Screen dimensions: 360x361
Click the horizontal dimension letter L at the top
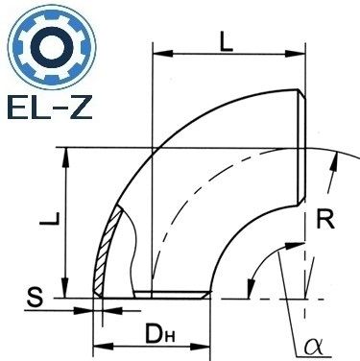pyautogui.click(x=227, y=42)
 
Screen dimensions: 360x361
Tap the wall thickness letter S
pyautogui.click(x=35, y=298)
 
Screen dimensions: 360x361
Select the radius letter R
pyautogui.click(x=325, y=219)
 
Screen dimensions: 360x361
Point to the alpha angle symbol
pyautogui.click(x=312, y=347)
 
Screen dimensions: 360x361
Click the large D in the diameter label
pyautogui.click(x=154, y=333)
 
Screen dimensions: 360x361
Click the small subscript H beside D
pyautogui.click(x=169, y=337)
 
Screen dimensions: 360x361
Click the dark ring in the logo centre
pyautogui.click(x=52, y=48)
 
